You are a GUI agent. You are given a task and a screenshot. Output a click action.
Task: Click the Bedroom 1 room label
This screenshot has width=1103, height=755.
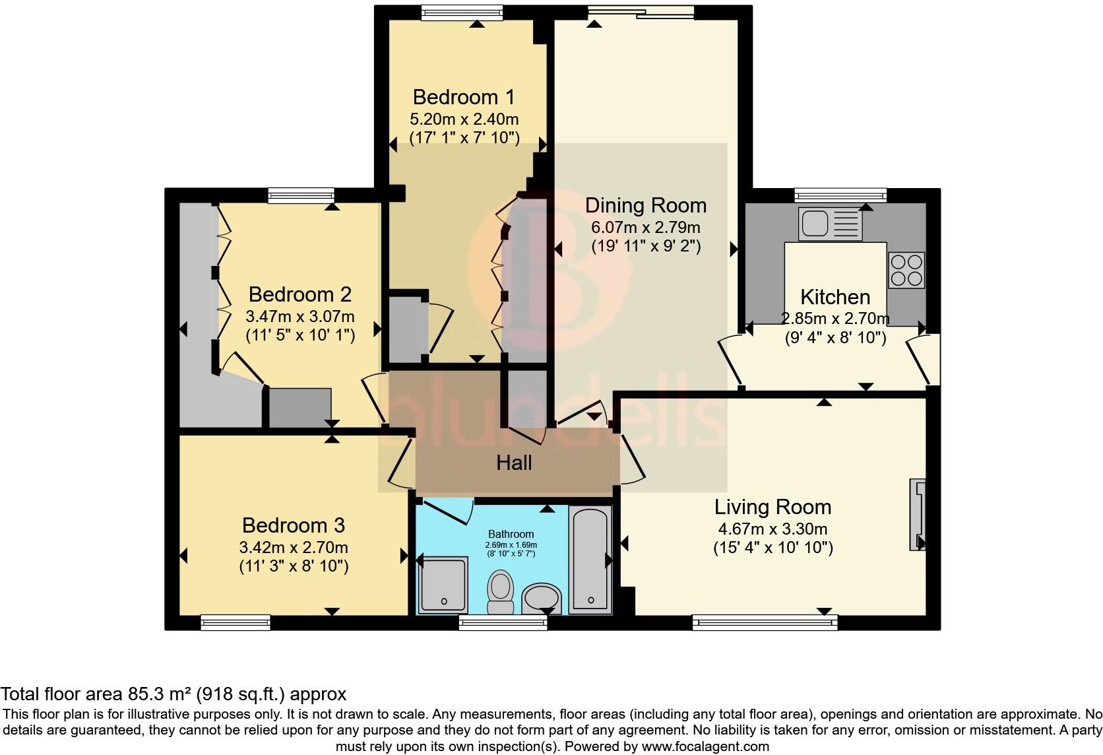click(463, 97)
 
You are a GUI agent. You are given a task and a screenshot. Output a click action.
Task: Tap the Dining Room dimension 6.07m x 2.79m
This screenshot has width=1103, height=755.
click(645, 228)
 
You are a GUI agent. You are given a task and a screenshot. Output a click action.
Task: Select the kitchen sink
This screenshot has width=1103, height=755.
click(829, 224)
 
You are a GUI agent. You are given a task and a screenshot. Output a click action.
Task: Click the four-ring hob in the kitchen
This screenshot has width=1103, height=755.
click(906, 271)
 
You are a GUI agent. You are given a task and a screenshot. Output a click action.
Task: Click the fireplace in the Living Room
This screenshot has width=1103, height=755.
click(917, 515)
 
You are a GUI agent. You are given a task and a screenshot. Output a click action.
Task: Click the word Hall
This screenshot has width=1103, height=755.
click(514, 463)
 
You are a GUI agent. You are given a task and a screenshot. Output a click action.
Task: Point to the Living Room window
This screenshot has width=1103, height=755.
click(765, 622)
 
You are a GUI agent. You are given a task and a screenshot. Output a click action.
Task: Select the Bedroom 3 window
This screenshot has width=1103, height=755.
click(236, 622)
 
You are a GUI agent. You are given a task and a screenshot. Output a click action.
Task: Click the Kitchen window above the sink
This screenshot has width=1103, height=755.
click(840, 195)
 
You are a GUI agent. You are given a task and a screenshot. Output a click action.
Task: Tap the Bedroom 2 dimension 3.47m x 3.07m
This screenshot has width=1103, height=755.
click(300, 316)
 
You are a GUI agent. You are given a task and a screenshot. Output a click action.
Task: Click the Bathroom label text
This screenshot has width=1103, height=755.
click(511, 534)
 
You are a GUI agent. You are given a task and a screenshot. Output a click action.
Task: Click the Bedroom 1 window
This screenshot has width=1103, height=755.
click(462, 12)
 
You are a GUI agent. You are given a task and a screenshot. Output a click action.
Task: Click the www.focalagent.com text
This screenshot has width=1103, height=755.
click(705, 747)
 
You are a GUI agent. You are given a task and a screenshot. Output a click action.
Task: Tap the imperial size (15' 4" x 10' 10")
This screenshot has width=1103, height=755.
click(772, 548)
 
